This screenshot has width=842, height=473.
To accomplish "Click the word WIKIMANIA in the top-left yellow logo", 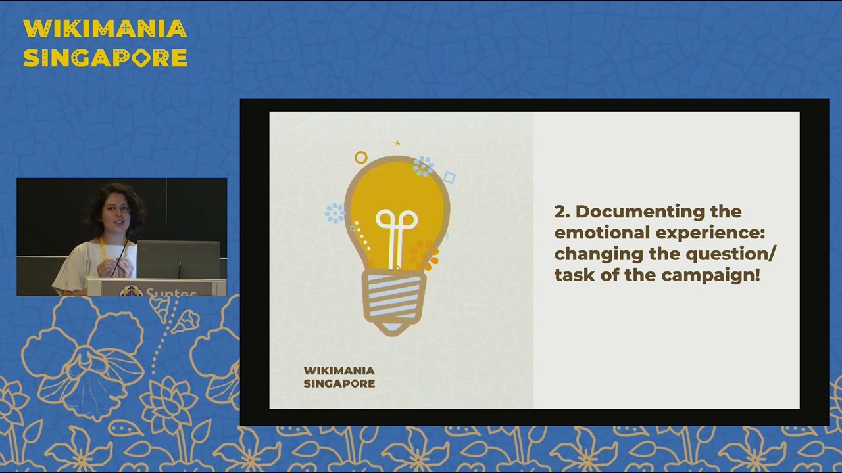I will point(105,29).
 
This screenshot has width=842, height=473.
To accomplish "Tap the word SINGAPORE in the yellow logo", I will point(105,58).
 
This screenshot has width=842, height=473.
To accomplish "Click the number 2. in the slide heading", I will point(562,212).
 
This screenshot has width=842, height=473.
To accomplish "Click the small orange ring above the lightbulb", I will point(360,158).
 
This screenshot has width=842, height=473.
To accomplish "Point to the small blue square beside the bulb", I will point(449,177).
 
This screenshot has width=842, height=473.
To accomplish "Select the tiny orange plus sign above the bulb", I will point(397,143).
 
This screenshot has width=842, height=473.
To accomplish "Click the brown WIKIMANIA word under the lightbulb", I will point(339,371).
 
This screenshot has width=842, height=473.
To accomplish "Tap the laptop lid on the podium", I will point(178,259).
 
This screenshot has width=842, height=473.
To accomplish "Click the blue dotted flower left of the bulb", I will point(335,212).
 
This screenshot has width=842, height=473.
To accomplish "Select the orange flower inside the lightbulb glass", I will point(423,255).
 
